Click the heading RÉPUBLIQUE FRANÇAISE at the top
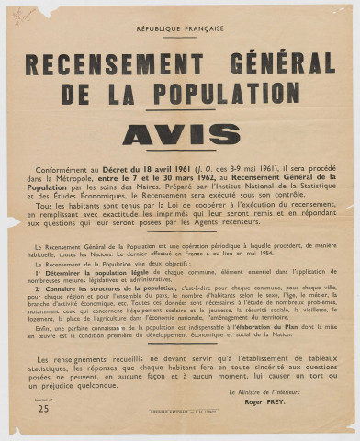point(179,29)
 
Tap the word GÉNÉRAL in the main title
point(282,63)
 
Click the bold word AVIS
point(180,134)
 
